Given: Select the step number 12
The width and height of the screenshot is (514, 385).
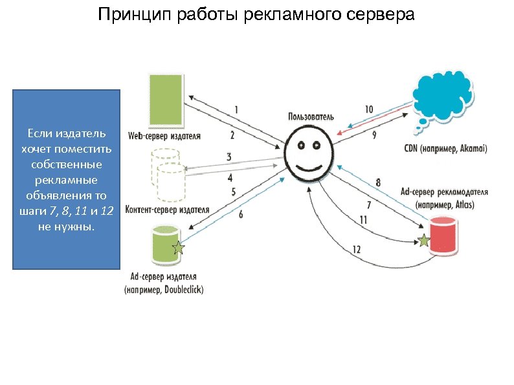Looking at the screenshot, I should pos(357,249).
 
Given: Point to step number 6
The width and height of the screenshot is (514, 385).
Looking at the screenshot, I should pos(241,215).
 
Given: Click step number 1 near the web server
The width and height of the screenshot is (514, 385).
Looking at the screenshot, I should pos(236,110).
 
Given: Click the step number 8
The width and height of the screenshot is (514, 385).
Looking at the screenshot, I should pos(378,183).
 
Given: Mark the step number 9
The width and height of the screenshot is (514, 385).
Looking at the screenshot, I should pos(374,135).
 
